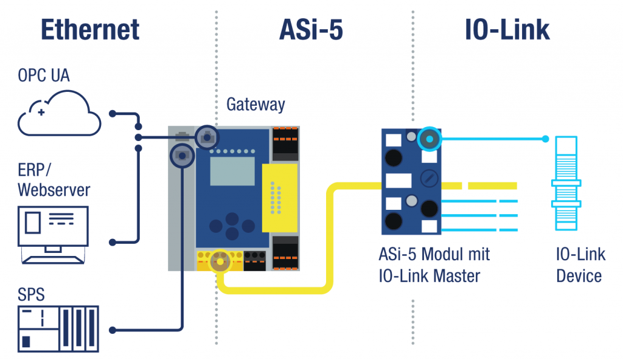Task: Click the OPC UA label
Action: pyautogui.click(x=44, y=76)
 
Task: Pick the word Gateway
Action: pyautogui.click(x=256, y=104)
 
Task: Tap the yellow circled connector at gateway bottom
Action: pyautogui.click(x=218, y=261)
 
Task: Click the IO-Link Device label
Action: pyautogui.click(x=579, y=265)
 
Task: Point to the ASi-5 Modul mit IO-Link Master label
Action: pyautogui.click(x=435, y=265)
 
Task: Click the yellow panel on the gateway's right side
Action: pyautogui.click(x=279, y=198)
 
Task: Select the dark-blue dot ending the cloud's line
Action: pyautogui.click(x=112, y=114)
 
